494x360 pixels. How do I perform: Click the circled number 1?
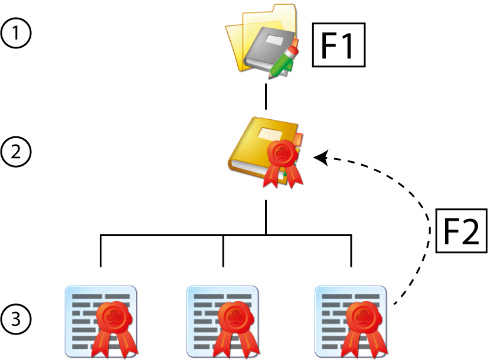(x=15, y=33)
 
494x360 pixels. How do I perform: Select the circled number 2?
(x=15, y=152)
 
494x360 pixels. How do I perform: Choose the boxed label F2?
(x=460, y=230)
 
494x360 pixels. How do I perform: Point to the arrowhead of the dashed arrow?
(x=319, y=157)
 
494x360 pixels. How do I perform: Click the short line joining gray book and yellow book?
(x=267, y=96)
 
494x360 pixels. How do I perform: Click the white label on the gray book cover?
(x=274, y=41)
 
